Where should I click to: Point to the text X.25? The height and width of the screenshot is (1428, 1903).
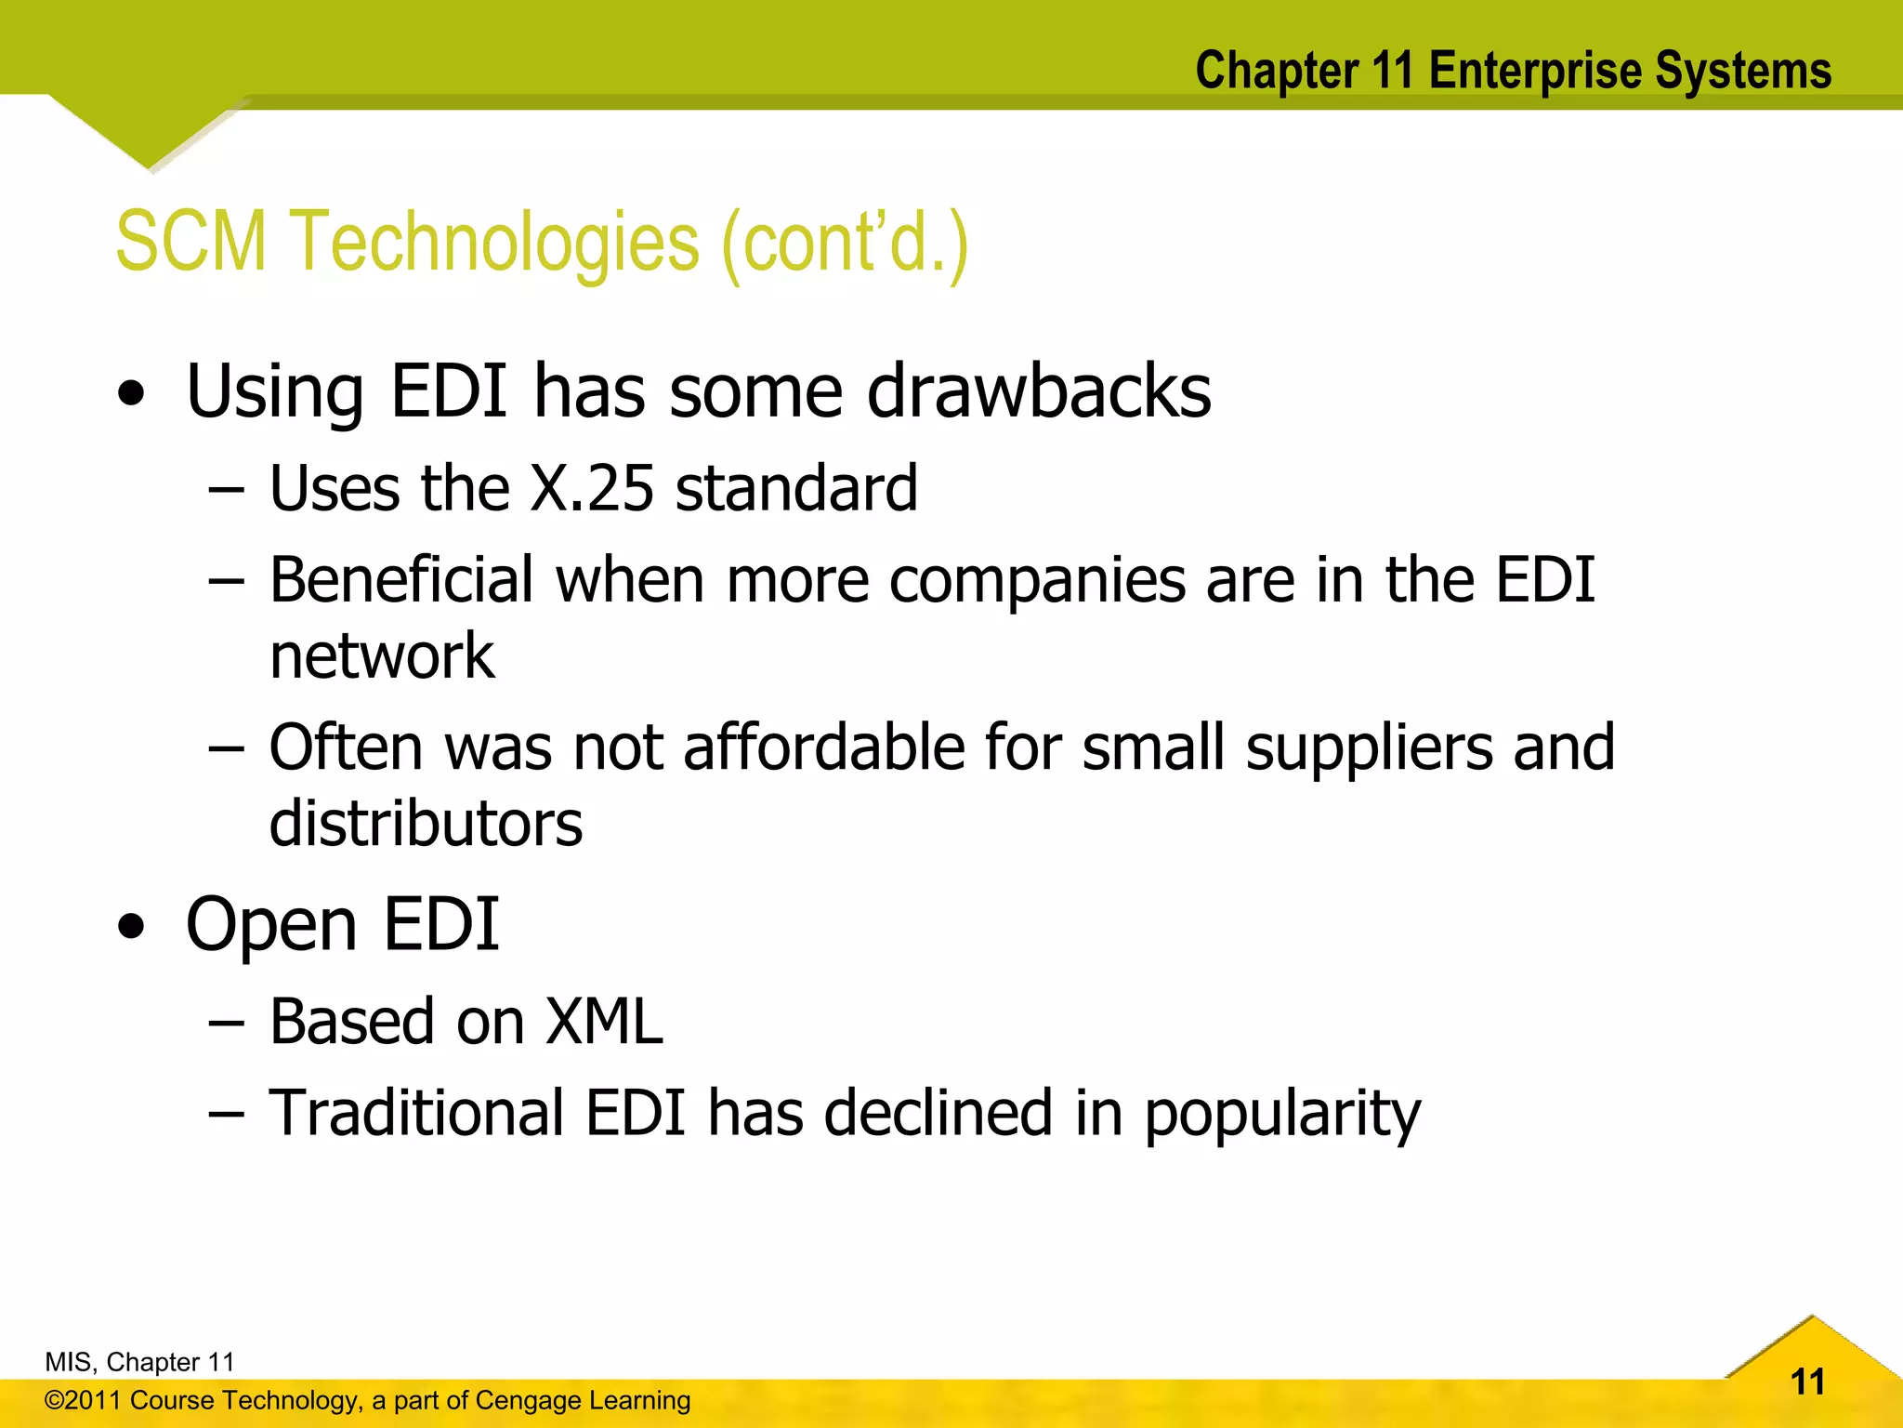tap(592, 488)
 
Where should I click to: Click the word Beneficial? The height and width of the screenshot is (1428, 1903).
tap(401, 580)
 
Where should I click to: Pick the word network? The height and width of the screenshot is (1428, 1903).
tap(382, 656)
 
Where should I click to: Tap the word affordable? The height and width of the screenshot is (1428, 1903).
tap(824, 747)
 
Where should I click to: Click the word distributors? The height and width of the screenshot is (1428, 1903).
tap(426, 824)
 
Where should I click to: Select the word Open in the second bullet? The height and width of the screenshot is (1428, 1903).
tap(271, 926)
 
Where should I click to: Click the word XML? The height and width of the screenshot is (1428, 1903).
tap(604, 1022)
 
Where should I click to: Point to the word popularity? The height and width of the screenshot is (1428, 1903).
tap(1282, 1115)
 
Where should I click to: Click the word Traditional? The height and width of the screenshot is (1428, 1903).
tap(416, 1113)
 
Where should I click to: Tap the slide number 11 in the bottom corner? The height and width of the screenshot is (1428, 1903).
tap(1807, 1382)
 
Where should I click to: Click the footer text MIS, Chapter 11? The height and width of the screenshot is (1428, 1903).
tap(139, 1362)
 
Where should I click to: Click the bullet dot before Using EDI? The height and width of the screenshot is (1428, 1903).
tap(132, 394)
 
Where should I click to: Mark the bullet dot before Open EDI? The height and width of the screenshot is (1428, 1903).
tap(132, 927)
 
